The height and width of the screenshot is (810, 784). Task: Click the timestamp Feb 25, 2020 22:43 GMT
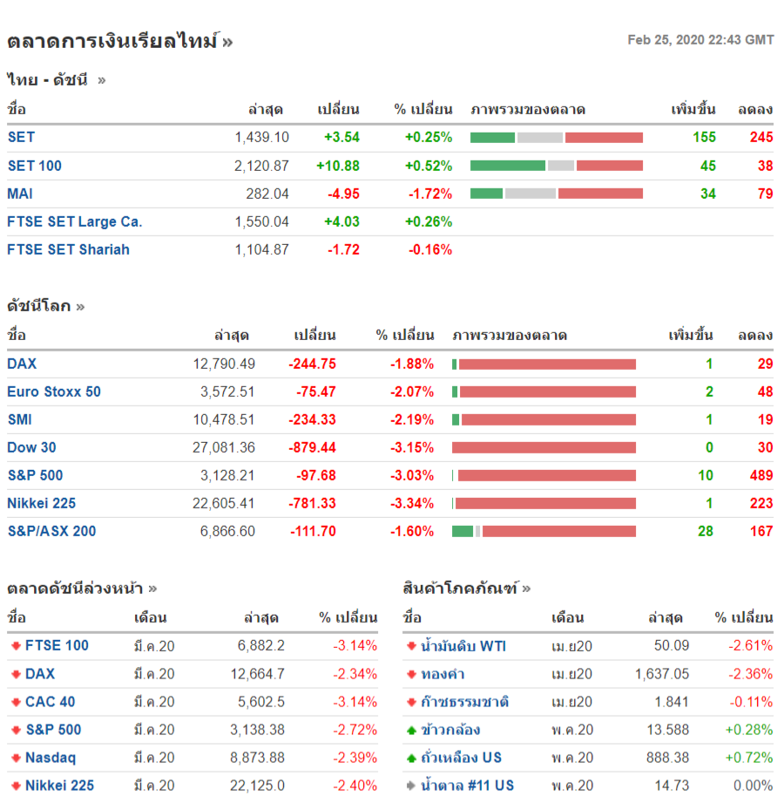700,40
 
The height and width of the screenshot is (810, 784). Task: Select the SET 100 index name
35,166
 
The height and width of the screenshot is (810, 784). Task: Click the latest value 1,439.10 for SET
261,137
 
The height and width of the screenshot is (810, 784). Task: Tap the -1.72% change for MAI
430,194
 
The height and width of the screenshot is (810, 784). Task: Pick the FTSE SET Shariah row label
68,249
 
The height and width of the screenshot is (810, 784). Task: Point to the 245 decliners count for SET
760,137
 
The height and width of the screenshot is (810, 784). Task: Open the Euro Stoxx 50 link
54,391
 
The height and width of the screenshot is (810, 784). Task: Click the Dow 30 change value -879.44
312,447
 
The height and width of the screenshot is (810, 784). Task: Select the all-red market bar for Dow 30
544,447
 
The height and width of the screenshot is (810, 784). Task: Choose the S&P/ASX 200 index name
51,531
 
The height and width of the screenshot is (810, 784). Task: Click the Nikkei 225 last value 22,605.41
224,503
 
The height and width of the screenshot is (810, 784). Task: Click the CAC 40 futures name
50,702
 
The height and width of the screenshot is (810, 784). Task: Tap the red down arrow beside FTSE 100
16,646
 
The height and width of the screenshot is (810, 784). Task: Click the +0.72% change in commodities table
749,758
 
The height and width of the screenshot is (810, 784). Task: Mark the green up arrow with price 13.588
411,730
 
